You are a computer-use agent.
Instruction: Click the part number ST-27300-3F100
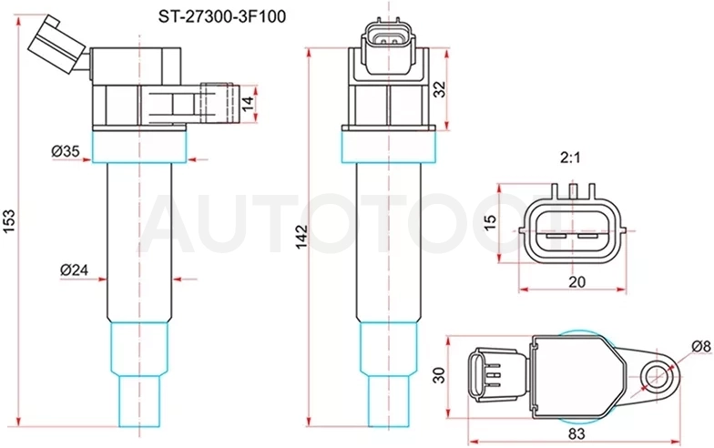tap(222, 16)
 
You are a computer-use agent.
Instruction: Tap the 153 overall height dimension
tap(9, 220)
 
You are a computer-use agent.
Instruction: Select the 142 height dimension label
tap(301, 237)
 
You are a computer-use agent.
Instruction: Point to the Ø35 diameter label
tap(66, 151)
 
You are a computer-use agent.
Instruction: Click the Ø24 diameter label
tap(75, 270)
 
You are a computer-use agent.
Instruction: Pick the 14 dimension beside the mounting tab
tap(248, 104)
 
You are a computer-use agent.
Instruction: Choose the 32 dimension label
tap(440, 89)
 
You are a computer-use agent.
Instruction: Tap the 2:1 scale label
tap(570, 158)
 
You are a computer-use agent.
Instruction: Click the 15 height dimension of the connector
tap(490, 222)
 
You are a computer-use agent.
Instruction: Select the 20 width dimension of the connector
tap(576, 282)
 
